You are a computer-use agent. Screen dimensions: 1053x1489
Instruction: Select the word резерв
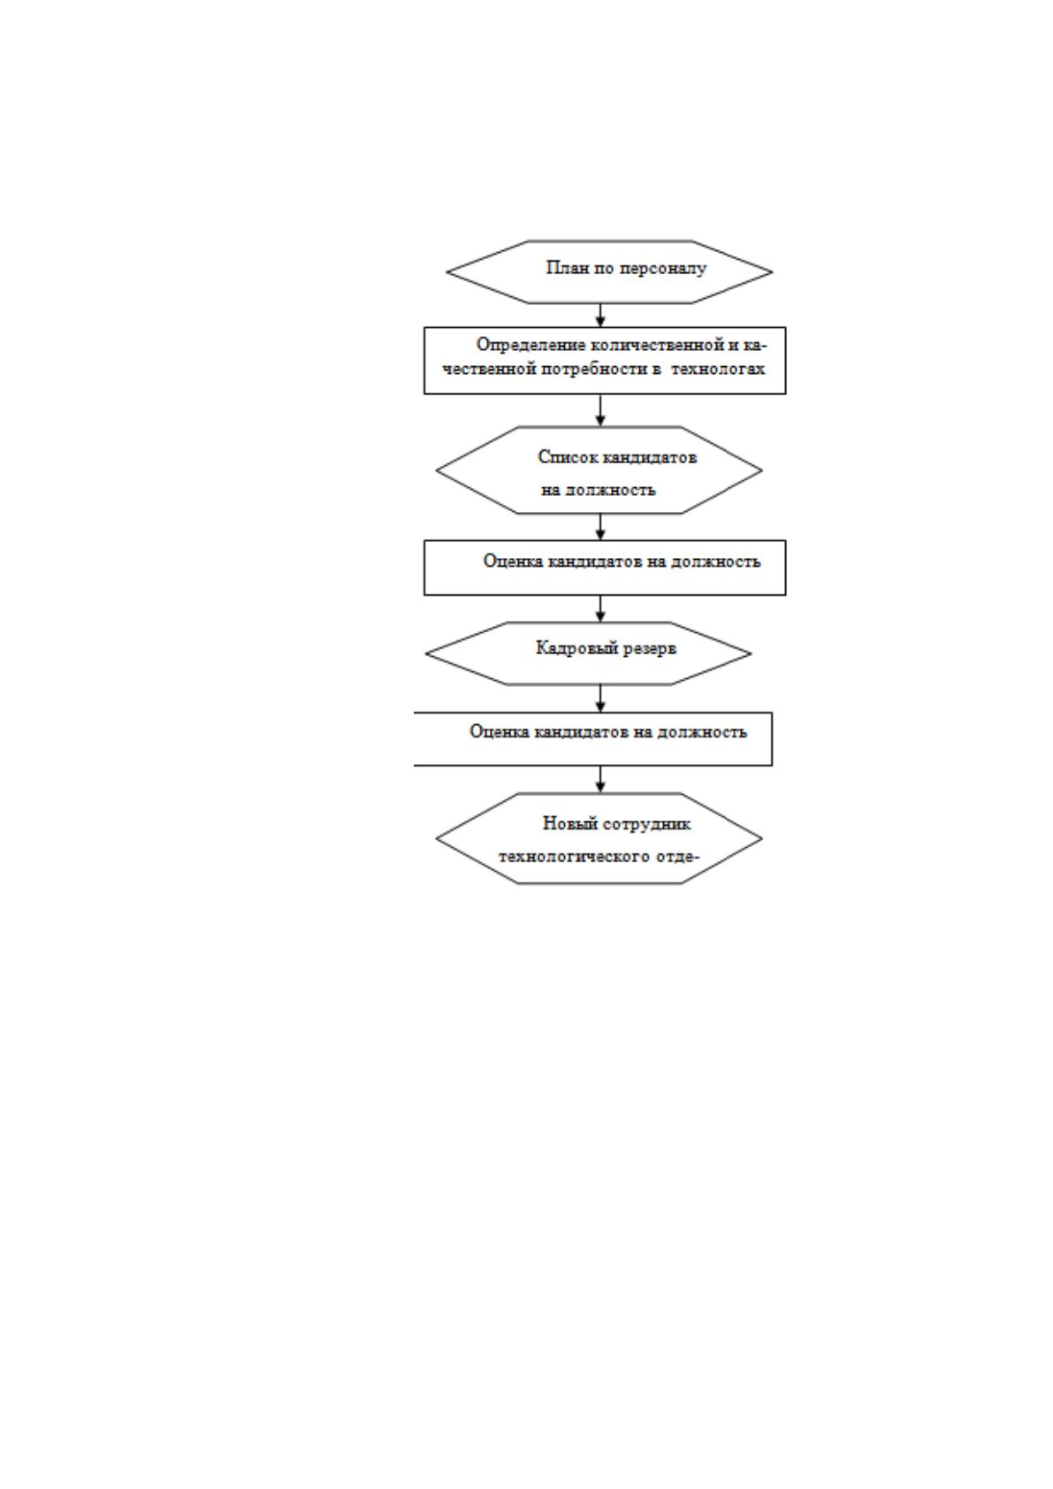click(x=650, y=649)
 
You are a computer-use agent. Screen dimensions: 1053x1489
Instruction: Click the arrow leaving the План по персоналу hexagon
click(x=600, y=316)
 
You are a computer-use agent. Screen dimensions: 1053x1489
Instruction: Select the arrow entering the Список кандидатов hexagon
click(x=600, y=410)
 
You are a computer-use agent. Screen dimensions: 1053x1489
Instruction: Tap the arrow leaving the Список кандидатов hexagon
click(x=600, y=527)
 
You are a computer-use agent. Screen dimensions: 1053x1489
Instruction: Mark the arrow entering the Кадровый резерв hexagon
click(x=600, y=609)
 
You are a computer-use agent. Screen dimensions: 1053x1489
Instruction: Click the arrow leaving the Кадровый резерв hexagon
click(x=600, y=699)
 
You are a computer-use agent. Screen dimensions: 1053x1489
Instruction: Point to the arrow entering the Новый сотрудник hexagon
click(x=600, y=780)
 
